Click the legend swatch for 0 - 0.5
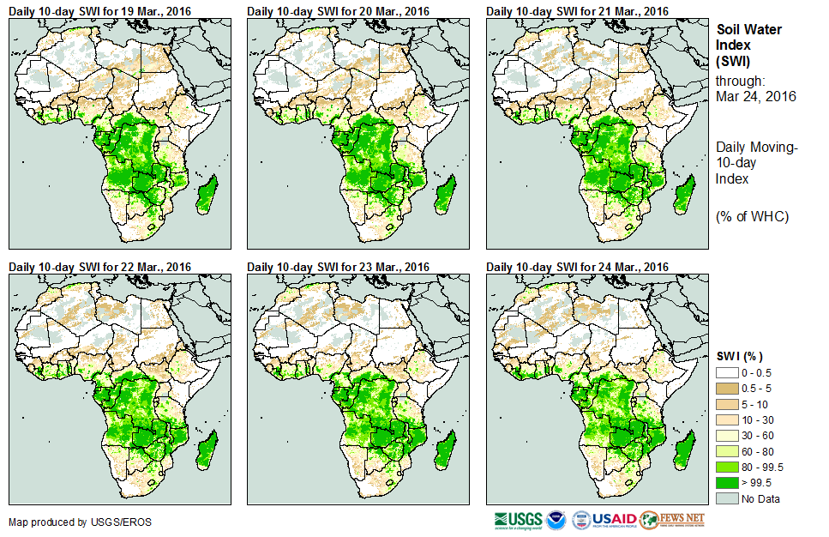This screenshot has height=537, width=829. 728,372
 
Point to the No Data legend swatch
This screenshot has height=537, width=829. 728,498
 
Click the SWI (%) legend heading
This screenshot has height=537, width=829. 740,356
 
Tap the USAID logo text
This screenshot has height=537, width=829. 615,520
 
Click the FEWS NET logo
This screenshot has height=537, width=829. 672,520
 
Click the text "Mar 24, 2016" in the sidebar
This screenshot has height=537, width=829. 755,96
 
